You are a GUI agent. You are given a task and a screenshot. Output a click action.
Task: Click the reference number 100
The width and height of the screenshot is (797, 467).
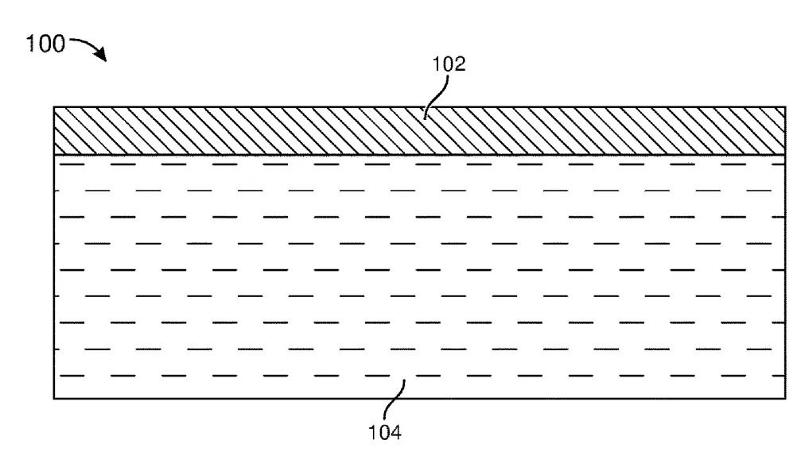point(46,44)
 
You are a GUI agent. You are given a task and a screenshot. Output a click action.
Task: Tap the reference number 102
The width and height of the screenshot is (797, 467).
point(449,64)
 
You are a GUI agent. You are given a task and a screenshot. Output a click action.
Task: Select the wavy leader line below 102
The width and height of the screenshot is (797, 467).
point(436,98)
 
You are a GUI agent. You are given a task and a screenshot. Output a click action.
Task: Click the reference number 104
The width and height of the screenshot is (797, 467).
point(385,433)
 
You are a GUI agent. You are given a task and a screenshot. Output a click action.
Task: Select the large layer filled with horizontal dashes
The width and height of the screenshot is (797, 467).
point(419,276)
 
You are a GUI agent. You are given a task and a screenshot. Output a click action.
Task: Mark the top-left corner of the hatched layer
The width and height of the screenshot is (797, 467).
point(54,107)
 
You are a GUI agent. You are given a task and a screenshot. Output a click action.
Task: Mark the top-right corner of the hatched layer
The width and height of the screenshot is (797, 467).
point(785,107)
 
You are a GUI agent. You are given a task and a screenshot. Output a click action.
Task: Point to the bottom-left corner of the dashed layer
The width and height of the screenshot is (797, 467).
point(54,399)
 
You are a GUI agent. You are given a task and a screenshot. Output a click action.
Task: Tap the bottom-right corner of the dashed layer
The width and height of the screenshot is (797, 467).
point(785,399)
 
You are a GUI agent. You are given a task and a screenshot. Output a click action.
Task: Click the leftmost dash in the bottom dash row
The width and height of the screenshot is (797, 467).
point(72,376)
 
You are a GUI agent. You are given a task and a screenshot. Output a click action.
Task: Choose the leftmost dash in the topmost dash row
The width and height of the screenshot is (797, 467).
point(72,164)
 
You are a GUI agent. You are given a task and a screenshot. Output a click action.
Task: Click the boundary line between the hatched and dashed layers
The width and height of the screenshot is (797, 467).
point(419,155)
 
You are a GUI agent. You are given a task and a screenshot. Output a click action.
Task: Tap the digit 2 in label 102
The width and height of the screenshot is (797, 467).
point(460,64)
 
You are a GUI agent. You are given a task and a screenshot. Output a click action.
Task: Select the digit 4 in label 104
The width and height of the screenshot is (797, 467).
point(396,433)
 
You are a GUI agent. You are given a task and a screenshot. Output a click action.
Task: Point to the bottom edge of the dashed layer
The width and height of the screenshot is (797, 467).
point(419,399)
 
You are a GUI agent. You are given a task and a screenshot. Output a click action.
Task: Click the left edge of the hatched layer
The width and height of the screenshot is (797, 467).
point(54,131)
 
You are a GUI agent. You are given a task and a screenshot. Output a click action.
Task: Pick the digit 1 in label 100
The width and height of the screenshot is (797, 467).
point(30,44)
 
